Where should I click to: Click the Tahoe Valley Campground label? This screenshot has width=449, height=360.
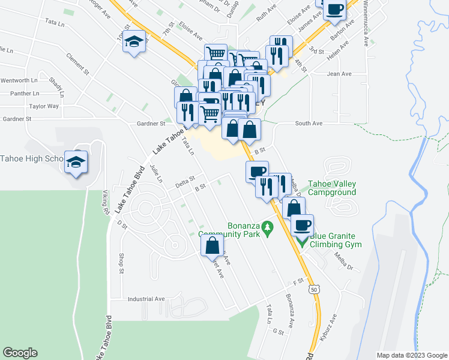[x=332, y=188]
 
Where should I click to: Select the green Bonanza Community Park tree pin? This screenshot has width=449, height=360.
[x=269, y=229]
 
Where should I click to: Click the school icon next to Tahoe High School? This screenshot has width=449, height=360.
[x=76, y=162]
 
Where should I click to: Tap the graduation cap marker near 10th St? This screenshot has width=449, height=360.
[x=135, y=41]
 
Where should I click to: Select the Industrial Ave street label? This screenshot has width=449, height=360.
[x=146, y=298]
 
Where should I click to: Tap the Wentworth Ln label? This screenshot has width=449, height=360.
[x=19, y=80]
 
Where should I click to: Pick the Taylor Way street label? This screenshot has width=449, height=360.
[x=44, y=106]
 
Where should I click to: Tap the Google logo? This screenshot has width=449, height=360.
[x=20, y=353]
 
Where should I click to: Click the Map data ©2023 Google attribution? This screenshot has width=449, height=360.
[x=411, y=355]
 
